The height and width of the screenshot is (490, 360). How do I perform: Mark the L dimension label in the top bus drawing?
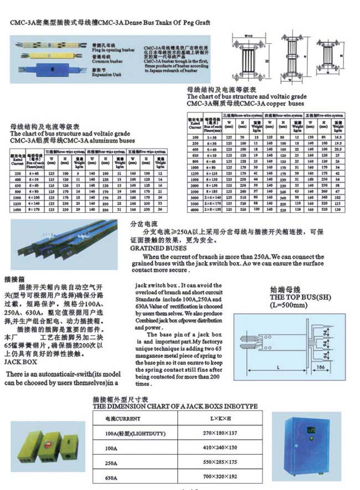point(276,367)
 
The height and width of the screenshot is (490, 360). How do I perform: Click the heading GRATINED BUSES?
point(158,248)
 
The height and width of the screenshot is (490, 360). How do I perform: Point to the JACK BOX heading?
point(20,361)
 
